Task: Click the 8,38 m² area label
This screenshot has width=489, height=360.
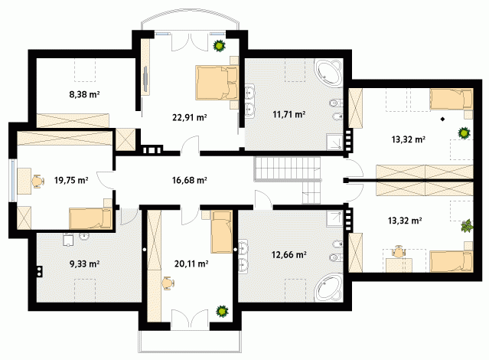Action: pyautogui.click(x=84, y=94)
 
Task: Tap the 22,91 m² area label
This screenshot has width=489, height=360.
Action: pyautogui.click(x=190, y=117)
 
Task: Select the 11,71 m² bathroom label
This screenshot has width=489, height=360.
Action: pyautogui.click(x=289, y=114)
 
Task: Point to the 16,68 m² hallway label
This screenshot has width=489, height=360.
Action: pyautogui.click(x=190, y=180)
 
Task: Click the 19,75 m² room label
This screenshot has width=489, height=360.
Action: pyautogui.click(x=71, y=180)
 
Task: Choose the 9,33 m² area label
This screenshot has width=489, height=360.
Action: pyautogui.click(x=84, y=263)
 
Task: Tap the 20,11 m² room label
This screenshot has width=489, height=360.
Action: pyautogui.click(x=191, y=263)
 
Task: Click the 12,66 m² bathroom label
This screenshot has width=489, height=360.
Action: pyautogui.click(x=289, y=254)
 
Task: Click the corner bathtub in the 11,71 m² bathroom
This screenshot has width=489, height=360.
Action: pyautogui.click(x=328, y=73)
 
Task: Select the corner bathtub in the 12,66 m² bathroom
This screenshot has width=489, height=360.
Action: pyautogui.click(x=328, y=288)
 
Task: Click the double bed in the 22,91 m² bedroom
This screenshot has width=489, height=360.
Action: pyautogui.click(x=217, y=83)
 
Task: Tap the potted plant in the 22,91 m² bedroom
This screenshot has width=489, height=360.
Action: pyautogui.click(x=220, y=46)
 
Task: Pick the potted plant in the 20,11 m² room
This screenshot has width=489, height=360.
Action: pyautogui.click(x=222, y=311)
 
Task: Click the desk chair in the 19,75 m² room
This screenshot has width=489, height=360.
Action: pyautogui.click(x=37, y=181)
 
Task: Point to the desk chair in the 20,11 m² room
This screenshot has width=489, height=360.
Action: pyautogui.click(x=168, y=283)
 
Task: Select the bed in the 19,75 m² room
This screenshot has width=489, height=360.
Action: pyautogui.click(x=90, y=218)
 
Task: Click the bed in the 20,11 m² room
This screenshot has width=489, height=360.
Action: pyautogui.click(x=221, y=232)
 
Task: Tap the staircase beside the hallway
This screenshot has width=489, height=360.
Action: pyautogui.click(x=288, y=179)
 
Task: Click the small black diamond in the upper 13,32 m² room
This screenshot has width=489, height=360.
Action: pyautogui.click(x=442, y=119)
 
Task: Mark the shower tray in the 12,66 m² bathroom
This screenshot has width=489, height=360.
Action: pyautogui.click(x=334, y=218)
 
